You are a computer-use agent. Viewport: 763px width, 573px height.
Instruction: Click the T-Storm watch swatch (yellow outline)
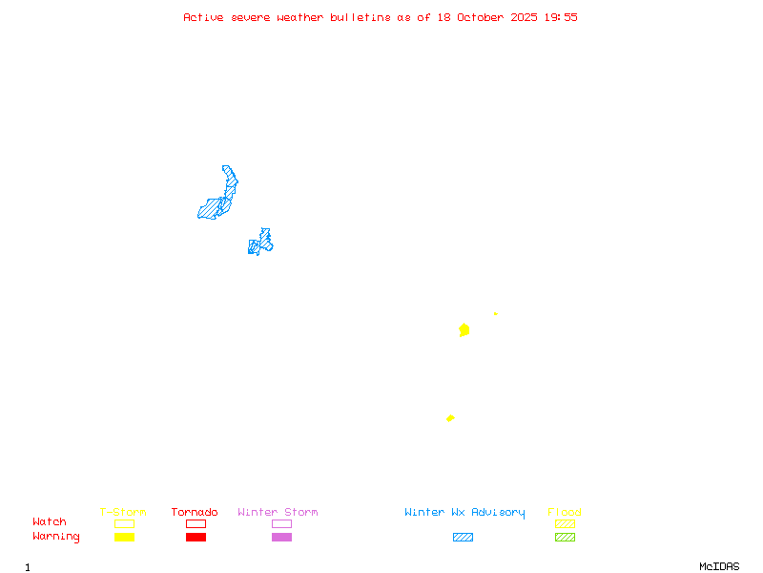[x=124, y=523]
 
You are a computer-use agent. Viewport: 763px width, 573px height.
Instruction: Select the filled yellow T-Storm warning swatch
[x=124, y=537]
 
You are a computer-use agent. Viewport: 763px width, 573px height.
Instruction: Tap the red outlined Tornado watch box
[x=196, y=523]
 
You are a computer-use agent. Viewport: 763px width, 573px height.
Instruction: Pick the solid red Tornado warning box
[x=196, y=537]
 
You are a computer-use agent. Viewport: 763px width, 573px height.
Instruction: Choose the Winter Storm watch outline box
[x=281, y=523]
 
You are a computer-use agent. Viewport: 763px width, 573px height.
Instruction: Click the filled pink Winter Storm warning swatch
[x=281, y=537]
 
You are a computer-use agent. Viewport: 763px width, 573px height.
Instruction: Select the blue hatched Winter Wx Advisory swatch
[x=463, y=537]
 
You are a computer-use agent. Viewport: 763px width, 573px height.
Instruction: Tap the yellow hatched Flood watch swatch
[x=565, y=523]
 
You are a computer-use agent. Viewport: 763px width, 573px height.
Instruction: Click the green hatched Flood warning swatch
[x=565, y=537]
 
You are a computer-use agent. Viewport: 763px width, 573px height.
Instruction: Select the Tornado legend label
[x=195, y=512]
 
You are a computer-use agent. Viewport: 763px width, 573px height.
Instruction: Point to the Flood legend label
[x=565, y=512]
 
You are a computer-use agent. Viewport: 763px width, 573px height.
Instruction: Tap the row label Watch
[x=50, y=522]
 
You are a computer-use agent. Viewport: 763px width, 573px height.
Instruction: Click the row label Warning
[x=56, y=537]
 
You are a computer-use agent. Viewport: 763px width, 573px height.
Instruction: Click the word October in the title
[x=484, y=17]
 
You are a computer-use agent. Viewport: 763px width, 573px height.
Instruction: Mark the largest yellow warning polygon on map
[x=464, y=329]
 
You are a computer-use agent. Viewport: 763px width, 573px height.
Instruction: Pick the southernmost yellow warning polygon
[x=450, y=418]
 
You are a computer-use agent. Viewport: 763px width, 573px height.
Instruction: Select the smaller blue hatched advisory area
[x=260, y=243]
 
